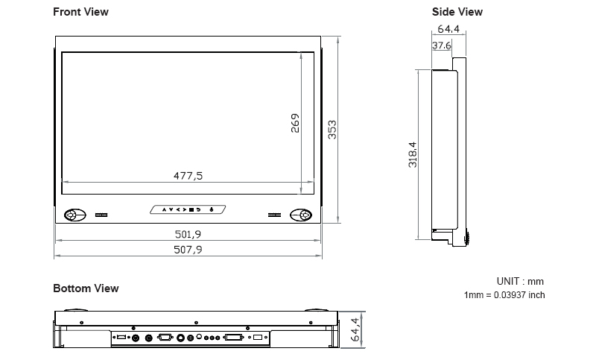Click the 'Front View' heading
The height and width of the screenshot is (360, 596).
[80, 12]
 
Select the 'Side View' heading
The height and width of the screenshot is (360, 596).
[457, 12]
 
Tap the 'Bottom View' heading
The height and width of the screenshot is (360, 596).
[86, 288]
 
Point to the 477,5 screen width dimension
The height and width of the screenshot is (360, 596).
[188, 176]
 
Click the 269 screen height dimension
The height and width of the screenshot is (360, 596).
[295, 123]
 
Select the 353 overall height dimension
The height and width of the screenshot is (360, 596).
[333, 129]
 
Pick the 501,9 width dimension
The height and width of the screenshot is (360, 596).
[188, 234]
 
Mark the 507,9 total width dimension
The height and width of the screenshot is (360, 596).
[188, 250]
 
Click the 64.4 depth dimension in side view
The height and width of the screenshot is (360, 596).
[448, 29]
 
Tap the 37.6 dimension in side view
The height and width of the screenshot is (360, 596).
[442, 45]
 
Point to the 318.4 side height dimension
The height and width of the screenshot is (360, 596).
[412, 154]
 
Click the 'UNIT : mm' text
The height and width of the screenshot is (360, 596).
[520, 281]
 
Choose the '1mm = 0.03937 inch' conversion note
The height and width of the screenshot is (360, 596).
[504, 295]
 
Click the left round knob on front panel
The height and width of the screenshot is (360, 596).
[72, 215]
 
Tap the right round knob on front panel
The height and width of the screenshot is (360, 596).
[302, 215]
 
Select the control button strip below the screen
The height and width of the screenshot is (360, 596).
[188, 209]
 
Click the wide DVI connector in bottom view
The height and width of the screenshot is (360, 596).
[232, 338]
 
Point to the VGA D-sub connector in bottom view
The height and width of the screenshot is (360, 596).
[165, 338]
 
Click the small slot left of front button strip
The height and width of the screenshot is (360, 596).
[101, 215]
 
